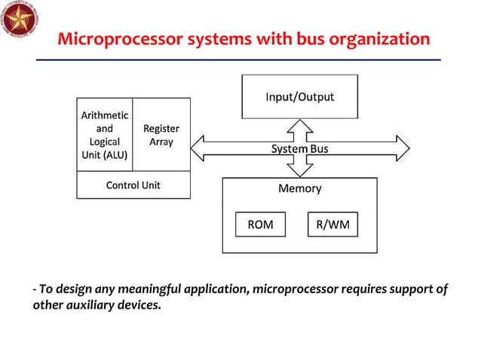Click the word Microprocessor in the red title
pos(114,38)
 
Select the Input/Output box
pos(299,97)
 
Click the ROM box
pos(256,224)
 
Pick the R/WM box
pos(332,224)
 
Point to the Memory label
pos(299,188)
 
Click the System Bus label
pos(299,149)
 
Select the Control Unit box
pos(133,185)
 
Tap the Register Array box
pos(161,136)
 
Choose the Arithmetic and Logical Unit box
pos(105,136)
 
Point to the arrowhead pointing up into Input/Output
pos(299,125)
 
